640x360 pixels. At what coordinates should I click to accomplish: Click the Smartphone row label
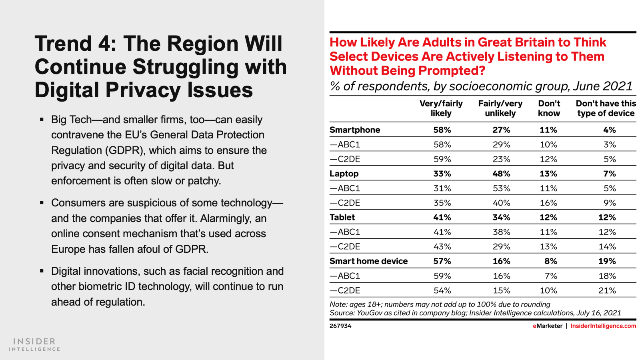click(354, 130)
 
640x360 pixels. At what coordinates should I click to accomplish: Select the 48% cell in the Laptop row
click(501, 174)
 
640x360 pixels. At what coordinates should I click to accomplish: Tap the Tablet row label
click(342, 217)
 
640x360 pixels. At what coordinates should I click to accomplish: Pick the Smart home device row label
click(368, 261)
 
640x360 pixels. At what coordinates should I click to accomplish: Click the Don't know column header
click(549, 108)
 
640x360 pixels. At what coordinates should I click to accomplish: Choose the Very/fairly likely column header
click(441, 108)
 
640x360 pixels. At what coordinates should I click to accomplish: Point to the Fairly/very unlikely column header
click(500, 108)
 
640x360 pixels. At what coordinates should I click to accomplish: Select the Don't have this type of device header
click(606, 108)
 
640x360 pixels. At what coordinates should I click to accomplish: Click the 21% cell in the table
click(607, 290)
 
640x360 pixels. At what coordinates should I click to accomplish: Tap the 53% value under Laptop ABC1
click(501, 188)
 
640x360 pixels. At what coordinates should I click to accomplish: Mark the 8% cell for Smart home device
click(550, 261)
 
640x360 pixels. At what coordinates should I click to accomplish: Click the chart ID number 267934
click(340, 326)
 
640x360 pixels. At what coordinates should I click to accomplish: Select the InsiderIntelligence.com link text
click(603, 326)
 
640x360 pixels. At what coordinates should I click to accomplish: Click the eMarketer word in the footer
click(547, 326)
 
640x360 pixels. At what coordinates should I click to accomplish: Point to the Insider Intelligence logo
click(34, 344)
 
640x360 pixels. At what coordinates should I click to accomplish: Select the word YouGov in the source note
click(369, 313)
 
